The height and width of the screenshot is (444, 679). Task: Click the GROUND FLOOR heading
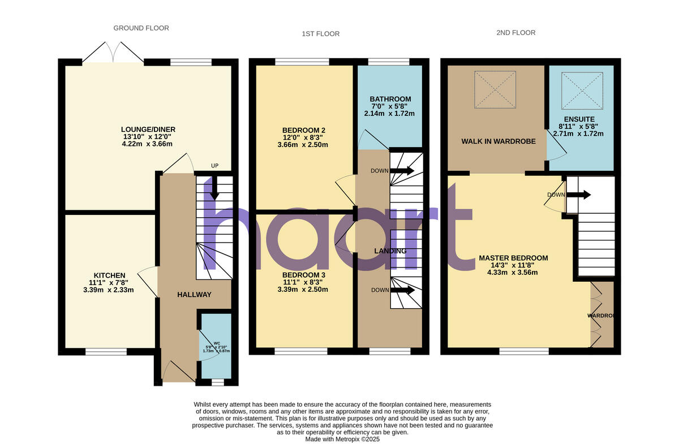141,28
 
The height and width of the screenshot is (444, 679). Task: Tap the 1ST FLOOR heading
320,34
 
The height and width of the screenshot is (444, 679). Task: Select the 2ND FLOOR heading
516,33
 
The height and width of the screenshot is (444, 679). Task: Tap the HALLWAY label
194,295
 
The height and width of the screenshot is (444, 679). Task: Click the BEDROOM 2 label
304,130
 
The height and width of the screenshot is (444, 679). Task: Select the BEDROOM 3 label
304,275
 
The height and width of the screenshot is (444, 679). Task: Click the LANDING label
390,251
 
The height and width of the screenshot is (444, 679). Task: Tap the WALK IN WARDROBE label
498,141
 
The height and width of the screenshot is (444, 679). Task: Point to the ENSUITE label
579,119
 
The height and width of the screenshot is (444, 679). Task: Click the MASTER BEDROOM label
513,258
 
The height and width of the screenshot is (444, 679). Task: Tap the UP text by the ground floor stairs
214,166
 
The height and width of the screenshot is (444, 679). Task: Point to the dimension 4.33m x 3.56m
513,272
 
